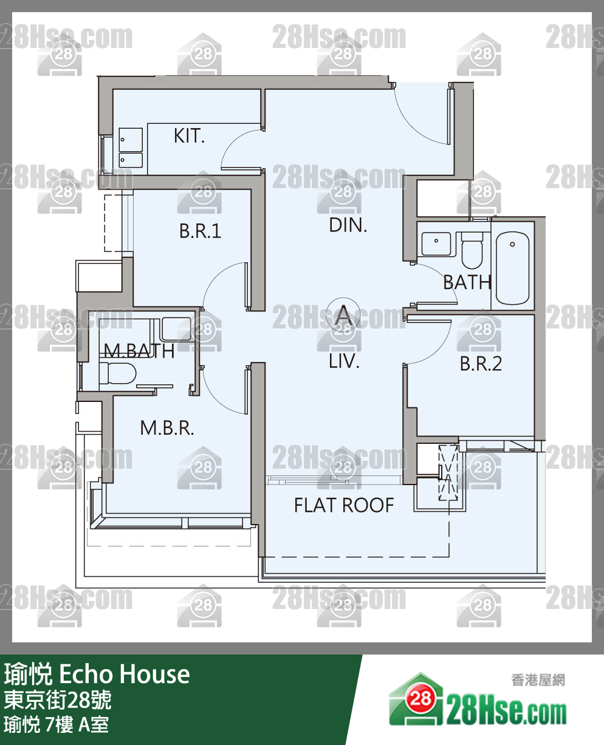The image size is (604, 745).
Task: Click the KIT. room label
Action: point(189,136)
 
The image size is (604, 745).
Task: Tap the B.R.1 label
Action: point(200,231)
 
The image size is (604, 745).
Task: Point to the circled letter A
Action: point(343,315)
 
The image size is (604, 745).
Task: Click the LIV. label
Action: point(344,361)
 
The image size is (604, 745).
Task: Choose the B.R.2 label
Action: point(481,364)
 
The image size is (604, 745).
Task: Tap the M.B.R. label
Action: point(167,428)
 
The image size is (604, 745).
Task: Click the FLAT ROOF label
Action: point(344,505)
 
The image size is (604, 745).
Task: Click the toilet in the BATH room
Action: point(472,250)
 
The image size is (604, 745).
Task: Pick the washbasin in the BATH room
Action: point(436,244)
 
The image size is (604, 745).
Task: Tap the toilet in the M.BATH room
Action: point(117,373)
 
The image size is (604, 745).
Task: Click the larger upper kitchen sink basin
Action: point(131,140)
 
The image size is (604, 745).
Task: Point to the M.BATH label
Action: point(139,351)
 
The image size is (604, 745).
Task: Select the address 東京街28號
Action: point(58,699)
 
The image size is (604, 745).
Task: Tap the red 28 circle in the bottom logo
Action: point(420,698)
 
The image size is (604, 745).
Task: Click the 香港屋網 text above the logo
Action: point(538,680)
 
